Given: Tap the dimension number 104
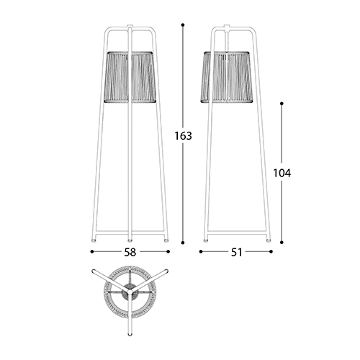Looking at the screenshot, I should click(282, 173).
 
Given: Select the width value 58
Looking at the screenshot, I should click(130, 252).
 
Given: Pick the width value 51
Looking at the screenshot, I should click(236, 252).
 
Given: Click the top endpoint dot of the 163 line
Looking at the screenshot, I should click(183, 25).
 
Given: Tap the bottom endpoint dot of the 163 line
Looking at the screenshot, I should click(183, 243).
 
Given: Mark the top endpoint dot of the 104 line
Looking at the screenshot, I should click(282, 104).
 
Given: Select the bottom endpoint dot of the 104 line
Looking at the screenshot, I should click(282, 243).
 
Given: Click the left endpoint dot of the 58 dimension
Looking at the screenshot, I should click(92, 252).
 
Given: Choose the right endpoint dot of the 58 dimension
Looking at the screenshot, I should click(168, 252).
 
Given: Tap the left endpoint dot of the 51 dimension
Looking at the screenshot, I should click(200, 252).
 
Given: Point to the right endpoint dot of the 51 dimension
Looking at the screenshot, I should click(271, 252).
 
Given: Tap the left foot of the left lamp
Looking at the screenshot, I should click(93, 239).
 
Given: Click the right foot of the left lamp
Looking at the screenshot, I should click(167, 239).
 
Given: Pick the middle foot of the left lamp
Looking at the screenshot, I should click(130, 239).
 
